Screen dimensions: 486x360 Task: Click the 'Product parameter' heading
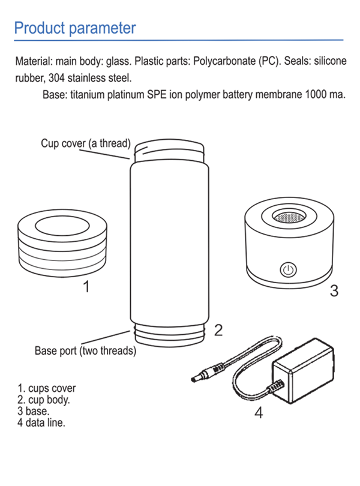tap(74, 28)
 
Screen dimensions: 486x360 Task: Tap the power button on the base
tap(289, 268)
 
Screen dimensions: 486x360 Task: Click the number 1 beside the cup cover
tap(86, 287)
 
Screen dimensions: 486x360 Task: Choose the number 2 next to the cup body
tap(218, 329)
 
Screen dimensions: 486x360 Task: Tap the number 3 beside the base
tap(334, 291)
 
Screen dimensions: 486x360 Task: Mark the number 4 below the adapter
tap(259, 413)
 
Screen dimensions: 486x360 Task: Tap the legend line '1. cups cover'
tap(47, 388)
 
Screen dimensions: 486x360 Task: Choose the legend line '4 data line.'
tap(41, 423)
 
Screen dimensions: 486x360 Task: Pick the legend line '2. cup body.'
tap(44, 400)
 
